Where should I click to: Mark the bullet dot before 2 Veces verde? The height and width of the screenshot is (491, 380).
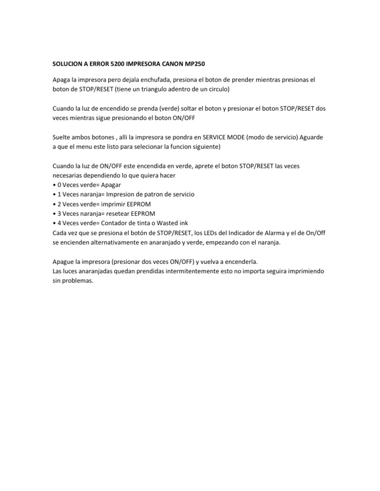(53, 204)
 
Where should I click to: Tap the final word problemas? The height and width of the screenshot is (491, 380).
(78, 281)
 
